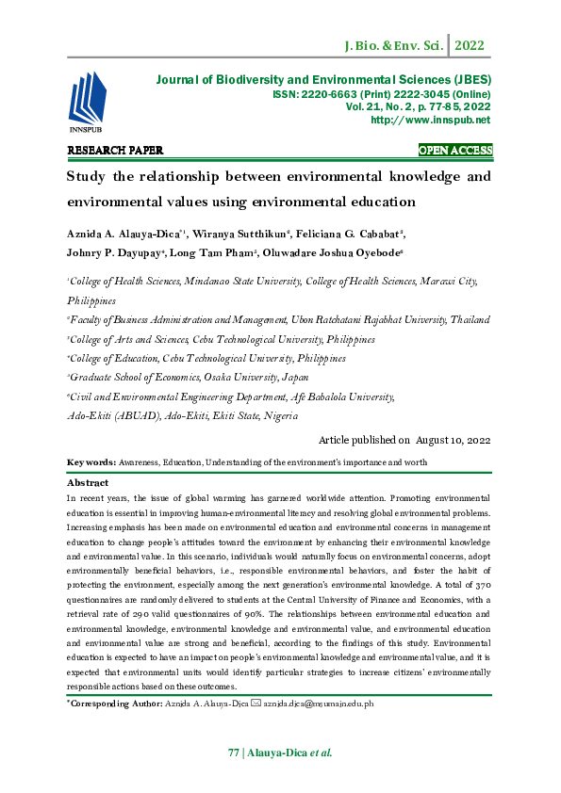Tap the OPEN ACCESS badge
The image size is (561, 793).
[455, 151]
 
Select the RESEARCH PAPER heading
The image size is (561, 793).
[116, 151]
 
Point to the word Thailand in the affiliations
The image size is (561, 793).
[470, 320]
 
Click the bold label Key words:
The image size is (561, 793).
[91, 462]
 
